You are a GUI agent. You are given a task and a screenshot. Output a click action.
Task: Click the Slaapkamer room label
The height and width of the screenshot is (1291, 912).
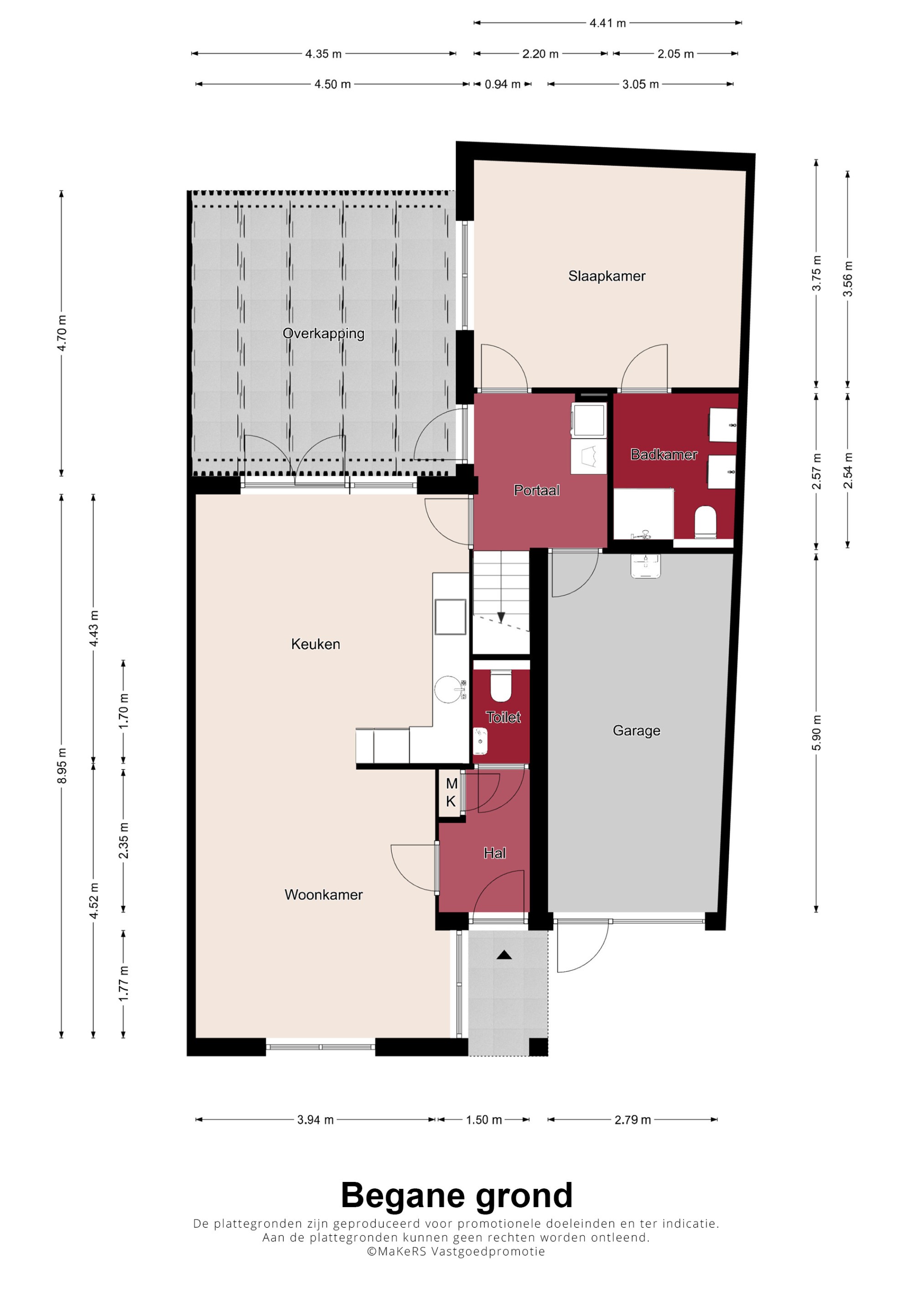(x=606, y=276)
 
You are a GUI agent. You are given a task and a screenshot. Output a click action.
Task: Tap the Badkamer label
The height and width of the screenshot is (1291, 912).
(x=663, y=454)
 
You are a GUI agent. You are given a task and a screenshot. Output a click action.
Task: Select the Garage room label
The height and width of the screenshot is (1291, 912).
(x=636, y=730)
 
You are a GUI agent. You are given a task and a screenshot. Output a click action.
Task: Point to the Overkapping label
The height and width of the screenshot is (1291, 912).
(x=323, y=333)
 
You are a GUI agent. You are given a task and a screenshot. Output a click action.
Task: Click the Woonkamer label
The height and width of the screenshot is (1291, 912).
(x=323, y=895)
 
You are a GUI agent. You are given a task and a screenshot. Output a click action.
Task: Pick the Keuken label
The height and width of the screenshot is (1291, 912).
(x=315, y=644)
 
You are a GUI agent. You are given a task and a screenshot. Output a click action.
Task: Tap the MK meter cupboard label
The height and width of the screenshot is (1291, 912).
(x=451, y=792)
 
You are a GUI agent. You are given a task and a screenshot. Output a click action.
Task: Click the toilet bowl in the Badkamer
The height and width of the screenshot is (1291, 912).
(x=705, y=522)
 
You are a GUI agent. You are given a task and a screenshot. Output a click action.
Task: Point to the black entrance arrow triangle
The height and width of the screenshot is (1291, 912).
(x=504, y=955)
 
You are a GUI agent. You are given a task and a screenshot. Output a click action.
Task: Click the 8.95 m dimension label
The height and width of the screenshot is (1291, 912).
(x=62, y=766)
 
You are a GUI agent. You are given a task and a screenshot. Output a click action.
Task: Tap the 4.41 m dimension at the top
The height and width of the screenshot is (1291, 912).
(x=607, y=23)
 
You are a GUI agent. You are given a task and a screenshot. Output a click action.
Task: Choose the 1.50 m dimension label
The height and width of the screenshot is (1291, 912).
(x=484, y=1120)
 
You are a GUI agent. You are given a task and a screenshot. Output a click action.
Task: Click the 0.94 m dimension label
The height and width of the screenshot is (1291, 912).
(x=503, y=84)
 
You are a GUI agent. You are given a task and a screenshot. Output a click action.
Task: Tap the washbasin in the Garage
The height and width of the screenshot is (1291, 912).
(x=645, y=566)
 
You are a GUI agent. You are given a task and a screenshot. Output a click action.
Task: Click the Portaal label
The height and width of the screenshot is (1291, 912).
(x=537, y=490)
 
